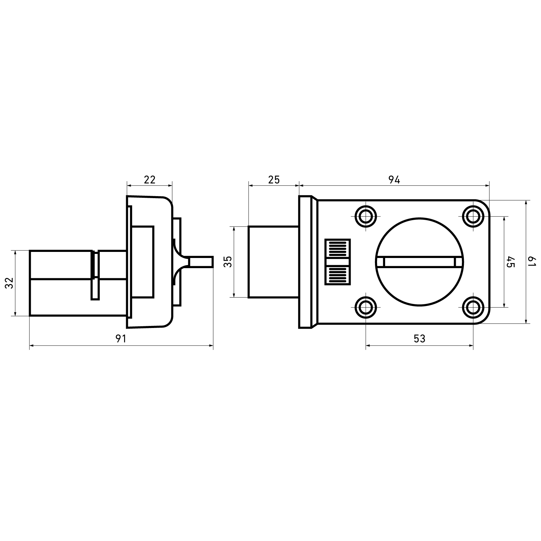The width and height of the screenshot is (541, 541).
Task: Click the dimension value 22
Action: coord(149,180)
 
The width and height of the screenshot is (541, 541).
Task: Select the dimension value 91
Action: coord(121,338)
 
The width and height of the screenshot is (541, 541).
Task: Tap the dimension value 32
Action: coord(10,283)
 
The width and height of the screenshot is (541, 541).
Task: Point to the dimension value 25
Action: coord(274,180)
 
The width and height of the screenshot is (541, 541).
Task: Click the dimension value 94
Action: coord(394,180)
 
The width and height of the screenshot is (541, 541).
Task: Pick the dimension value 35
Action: coord(229,262)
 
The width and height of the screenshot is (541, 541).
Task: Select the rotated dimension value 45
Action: coord(510,262)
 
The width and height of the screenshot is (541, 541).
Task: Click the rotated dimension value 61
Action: coord(533,261)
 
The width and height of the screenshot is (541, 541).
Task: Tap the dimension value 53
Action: coord(419,338)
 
